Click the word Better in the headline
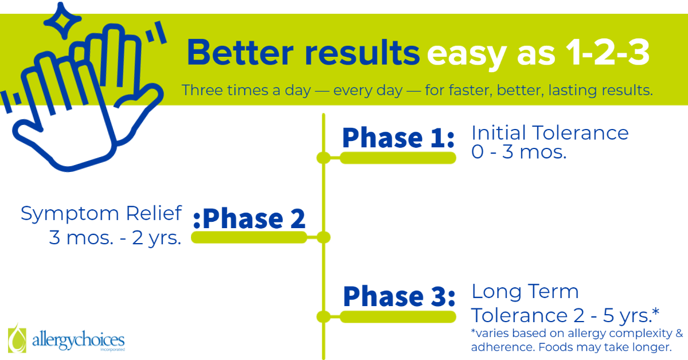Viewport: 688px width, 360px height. coord(240,53)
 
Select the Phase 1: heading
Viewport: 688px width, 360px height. coord(398,138)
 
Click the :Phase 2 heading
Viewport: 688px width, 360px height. coord(249,218)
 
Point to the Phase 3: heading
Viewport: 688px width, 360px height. coord(399,296)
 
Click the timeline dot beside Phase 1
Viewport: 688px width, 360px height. coord(323,158)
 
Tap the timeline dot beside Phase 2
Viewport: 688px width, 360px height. coord(323,237)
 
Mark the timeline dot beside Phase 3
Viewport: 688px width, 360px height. coord(323,316)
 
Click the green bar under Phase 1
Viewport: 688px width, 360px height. coord(398,158)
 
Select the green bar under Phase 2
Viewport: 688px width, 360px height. coord(249,237)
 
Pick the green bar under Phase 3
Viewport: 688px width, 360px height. coord(398,316)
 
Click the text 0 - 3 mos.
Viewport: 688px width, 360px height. coord(519,152)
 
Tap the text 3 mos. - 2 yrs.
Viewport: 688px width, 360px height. coord(115,238)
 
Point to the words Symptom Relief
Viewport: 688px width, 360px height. coord(101,213)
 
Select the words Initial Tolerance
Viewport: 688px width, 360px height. coord(550,132)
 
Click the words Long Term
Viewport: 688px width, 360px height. coord(525,292)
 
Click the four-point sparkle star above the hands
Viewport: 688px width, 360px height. coord(62,21)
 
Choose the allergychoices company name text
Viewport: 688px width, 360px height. coord(79,341)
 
